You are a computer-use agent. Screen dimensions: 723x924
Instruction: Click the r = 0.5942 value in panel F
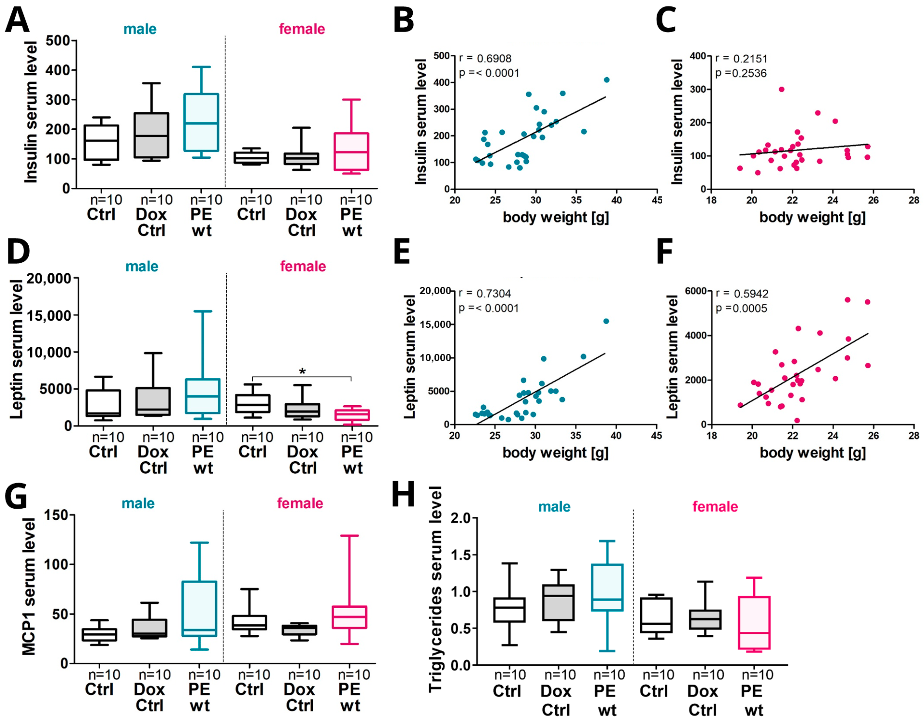pyautogui.click(x=742, y=293)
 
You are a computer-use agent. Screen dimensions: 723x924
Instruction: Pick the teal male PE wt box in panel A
pyautogui.click(x=201, y=122)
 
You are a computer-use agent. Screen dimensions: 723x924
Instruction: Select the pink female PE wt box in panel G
pyautogui.click(x=349, y=617)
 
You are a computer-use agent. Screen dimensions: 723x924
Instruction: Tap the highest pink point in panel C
pyautogui.click(x=781, y=89)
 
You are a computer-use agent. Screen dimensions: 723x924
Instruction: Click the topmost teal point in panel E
pyautogui.click(x=606, y=321)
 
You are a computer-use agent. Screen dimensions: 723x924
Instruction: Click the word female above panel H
pyautogui.click(x=715, y=507)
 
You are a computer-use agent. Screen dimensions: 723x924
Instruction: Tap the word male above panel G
pyautogui.click(x=138, y=503)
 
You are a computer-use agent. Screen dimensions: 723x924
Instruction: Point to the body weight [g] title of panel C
pyautogui.click(x=812, y=217)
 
